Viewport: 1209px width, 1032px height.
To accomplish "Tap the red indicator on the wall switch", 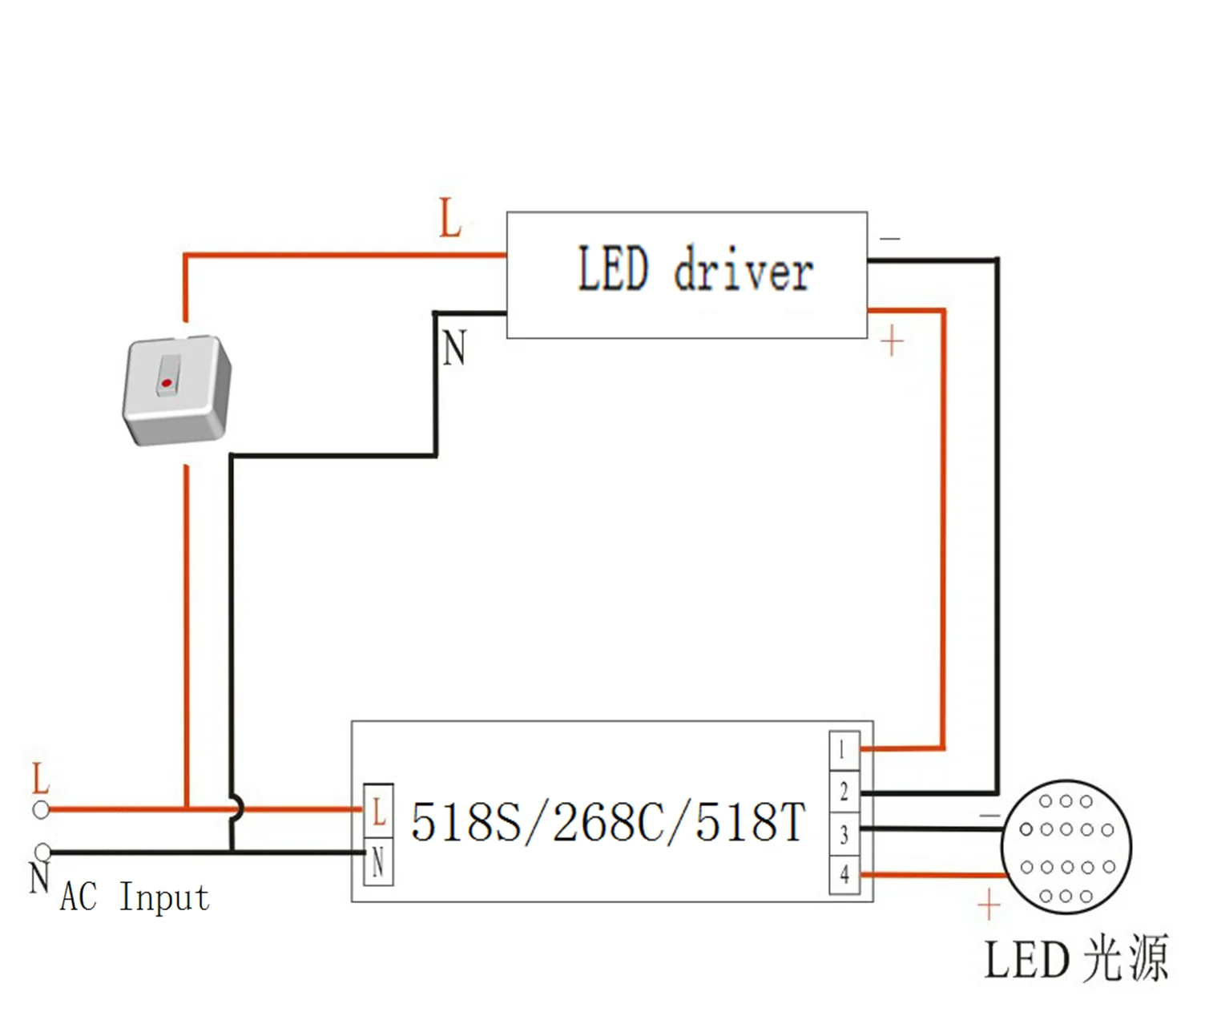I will pos(167,383).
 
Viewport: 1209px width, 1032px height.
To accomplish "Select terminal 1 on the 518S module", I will pos(843,750).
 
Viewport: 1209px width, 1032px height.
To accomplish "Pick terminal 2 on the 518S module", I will pos(844,792).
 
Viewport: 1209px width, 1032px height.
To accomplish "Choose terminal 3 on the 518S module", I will pos(844,835).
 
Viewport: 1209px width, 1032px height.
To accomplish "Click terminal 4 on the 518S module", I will pos(844,873).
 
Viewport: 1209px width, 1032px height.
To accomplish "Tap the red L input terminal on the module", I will pos(379,812).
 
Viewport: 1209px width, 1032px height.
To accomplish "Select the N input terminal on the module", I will pos(378,863).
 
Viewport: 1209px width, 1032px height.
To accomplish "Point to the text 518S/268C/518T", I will pos(607,822).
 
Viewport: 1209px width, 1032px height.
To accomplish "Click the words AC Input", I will pos(135,897).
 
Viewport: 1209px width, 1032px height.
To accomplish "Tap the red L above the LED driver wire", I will pos(451,218).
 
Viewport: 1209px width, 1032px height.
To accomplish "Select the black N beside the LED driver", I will pos(454,349).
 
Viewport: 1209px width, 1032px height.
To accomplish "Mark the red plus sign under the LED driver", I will pos(892,342).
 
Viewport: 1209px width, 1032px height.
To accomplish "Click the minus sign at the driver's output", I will pos(890,238).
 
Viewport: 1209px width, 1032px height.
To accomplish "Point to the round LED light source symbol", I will pos(1066,848).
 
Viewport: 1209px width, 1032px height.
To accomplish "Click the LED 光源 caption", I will pos(1076,959).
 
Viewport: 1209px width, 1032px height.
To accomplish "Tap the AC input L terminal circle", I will pos(41,810).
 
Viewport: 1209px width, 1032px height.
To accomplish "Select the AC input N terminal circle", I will pos(43,851).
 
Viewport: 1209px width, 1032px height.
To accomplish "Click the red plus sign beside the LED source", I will pos(989,905).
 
